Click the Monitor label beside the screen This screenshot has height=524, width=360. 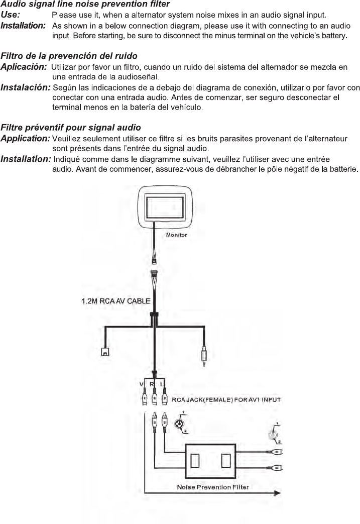(x=176, y=235)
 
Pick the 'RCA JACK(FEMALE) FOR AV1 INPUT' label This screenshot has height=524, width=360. (x=226, y=400)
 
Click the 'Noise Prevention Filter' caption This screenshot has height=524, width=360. (x=213, y=487)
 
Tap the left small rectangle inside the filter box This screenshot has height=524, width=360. (x=196, y=460)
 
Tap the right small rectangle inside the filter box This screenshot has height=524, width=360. (x=226, y=460)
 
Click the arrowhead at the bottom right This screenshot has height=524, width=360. (x=276, y=494)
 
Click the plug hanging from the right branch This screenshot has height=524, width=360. (x=204, y=356)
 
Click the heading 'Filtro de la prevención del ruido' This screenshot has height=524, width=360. (x=69, y=55)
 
